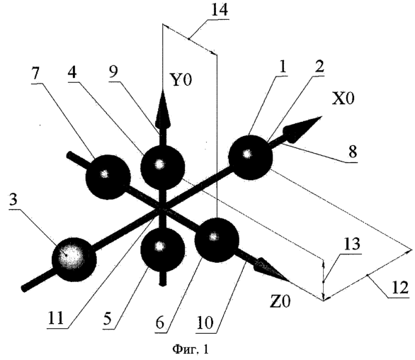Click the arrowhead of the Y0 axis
(162, 109)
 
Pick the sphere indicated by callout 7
(108, 177)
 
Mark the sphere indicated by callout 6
(217, 240)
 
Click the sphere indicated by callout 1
(250, 157)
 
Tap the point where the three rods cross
(161, 209)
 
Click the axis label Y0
(181, 80)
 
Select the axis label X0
(343, 99)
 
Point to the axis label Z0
(280, 301)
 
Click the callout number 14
(220, 10)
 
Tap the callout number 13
(351, 244)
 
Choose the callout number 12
(400, 288)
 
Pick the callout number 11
(55, 317)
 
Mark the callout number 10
(205, 322)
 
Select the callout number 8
(353, 152)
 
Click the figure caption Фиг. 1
(191, 349)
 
